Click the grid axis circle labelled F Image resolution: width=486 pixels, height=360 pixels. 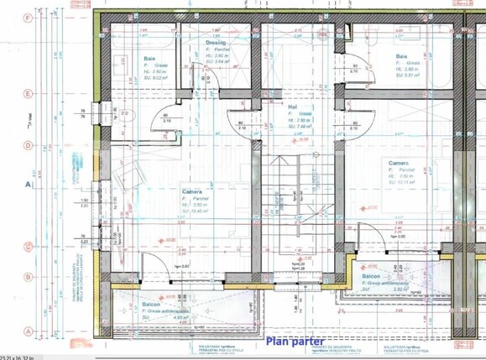[x=29, y=17]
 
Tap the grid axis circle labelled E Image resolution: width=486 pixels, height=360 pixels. [x=29, y=94]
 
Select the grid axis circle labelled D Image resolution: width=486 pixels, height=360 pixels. [x=29, y=144]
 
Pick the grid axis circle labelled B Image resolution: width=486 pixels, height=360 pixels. [x=29, y=276]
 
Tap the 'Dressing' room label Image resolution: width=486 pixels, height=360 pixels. [x=217, y=40]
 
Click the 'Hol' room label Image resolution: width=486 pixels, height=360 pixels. [x=293, y=107]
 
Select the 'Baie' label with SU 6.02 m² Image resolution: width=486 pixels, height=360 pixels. [x=137, y=59]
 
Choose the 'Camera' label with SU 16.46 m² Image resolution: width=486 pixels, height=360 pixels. [x=194, y=192]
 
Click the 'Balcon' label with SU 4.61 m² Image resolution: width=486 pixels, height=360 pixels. [x=151, y=304]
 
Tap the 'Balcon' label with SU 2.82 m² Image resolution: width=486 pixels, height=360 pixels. [x=372, y=276]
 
